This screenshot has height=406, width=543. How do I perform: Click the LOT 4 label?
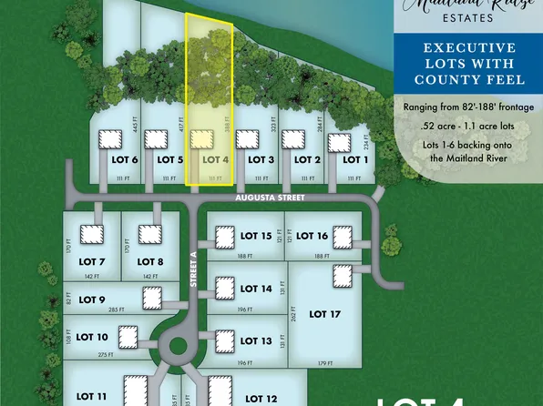[x=213, y=159]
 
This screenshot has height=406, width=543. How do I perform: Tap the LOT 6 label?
[x=124, y=159]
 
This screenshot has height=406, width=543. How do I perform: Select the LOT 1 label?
[x=354, y=159]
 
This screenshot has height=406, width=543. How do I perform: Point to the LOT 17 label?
[x=325, y=314]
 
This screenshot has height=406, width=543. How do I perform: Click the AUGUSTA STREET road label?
[x=266, y=196]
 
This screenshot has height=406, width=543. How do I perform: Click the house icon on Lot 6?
[x=110, y=139]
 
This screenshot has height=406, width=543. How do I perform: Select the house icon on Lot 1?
[x=338, y=143]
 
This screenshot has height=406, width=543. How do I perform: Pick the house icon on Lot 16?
[x=343, y=237]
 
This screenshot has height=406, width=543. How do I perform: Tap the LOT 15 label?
[x=253, y=236]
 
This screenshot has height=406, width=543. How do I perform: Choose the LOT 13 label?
[x=253, y=341]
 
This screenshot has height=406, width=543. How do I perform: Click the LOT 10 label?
[x=89, y=336]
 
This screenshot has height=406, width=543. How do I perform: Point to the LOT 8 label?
[x=149, y=262]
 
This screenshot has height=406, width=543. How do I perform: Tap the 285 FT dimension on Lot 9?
[x=117, y=310]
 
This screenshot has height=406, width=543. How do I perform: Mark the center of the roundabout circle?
[x=177, y=346]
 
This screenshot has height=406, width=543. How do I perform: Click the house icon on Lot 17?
[x=343, y=275]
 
